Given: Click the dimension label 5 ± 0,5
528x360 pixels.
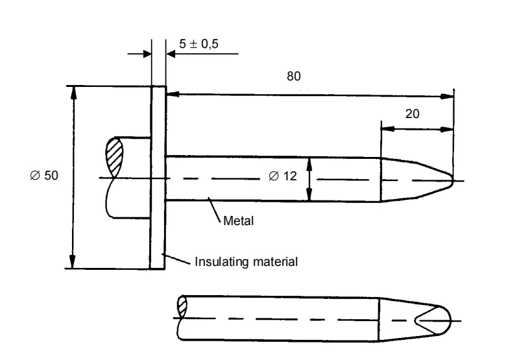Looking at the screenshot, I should click(198, 44).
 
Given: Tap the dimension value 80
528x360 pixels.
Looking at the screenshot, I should click(294, 77).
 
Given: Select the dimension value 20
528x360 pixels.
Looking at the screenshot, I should click(412, 114).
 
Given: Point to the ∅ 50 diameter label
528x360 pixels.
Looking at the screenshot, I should click(44, 176).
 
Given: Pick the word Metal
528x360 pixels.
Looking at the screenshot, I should click(238, 221).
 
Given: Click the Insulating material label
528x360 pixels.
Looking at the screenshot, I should click(246, 262).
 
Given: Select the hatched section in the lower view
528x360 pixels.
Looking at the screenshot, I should click(182, 306).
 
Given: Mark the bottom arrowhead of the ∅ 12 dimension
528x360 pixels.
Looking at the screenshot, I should click(309, 196).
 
